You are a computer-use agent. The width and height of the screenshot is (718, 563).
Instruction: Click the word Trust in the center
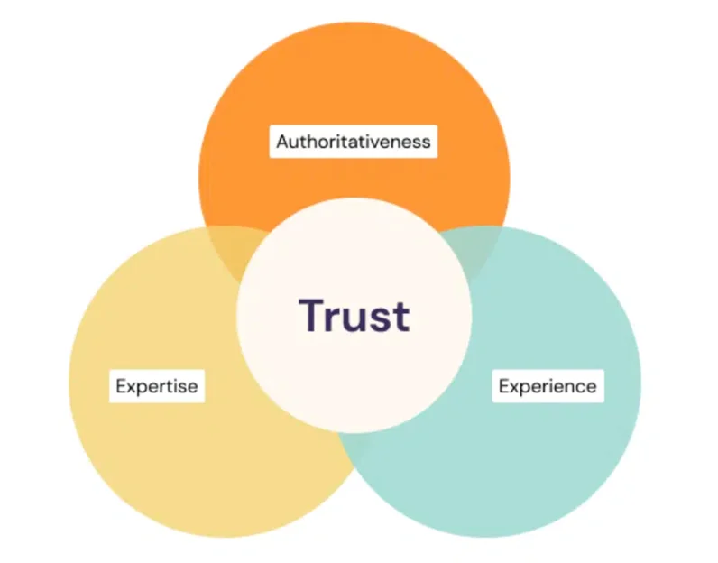tap(354, 315)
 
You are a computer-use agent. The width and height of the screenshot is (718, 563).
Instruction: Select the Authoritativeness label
tap(354, 142)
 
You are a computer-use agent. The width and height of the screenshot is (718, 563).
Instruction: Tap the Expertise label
tap(157, 386)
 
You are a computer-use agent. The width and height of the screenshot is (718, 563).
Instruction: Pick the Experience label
tap(548, 386)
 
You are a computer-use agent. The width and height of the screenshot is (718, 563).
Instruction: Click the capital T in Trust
tap(311, 315)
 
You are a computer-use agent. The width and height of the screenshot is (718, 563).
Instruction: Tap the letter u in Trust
tap(351, 319)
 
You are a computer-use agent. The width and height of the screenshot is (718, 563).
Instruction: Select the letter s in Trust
tap(377, 319)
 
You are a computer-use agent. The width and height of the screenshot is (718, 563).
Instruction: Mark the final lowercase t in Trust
tap(400, 317)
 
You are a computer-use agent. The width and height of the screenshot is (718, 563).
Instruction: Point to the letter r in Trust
tap(332, 319)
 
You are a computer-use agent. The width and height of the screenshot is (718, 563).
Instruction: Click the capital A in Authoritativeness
tap(282, 142)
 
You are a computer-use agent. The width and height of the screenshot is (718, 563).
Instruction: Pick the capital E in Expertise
tap(121, 386)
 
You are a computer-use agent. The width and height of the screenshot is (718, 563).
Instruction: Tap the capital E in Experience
tap(503, 386)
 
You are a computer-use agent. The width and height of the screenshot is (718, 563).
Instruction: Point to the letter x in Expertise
tap(133, 388)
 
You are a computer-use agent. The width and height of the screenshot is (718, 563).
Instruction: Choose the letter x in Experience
tap(515, 388)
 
